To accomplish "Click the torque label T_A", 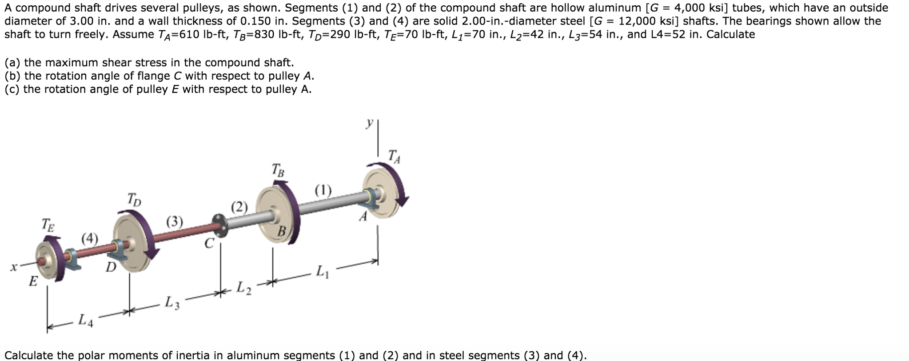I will click(394, 157).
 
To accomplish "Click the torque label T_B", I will click(278, 170).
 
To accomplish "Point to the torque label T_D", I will click(134, 199).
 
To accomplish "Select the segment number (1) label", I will click(323, 190).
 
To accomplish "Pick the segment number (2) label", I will click(239, 207).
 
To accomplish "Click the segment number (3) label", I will click(175, 221).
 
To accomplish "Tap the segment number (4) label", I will click(90, 238).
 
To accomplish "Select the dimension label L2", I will click(243, 288).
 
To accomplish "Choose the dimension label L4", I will click(86, 320).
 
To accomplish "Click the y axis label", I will click(369, 123).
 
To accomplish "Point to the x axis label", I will click(14, 267).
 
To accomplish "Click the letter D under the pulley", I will click(111, 267).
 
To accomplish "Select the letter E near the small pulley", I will click(33, 281).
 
